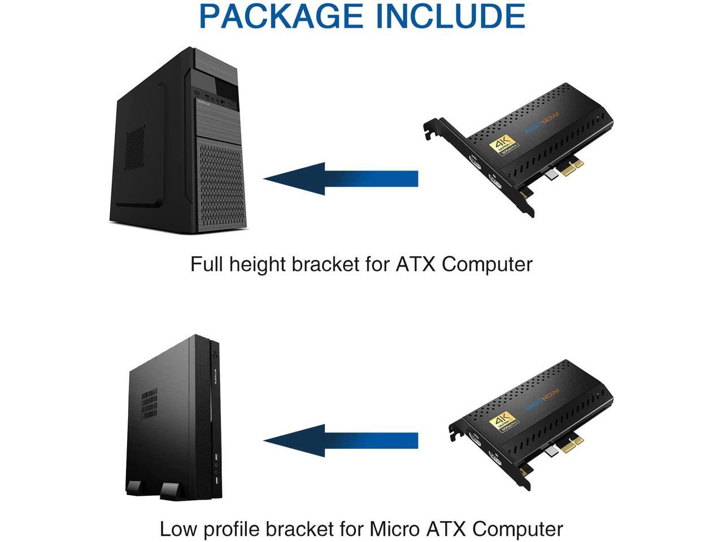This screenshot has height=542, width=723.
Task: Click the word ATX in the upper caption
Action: tap(415, 264)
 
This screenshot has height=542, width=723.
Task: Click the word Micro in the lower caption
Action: tap(394, 530)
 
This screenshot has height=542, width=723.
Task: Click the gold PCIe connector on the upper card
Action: tap(571, 168)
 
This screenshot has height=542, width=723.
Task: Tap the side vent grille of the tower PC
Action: tap(134, 148)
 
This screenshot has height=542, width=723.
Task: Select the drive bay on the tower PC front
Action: tap(226, 89)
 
